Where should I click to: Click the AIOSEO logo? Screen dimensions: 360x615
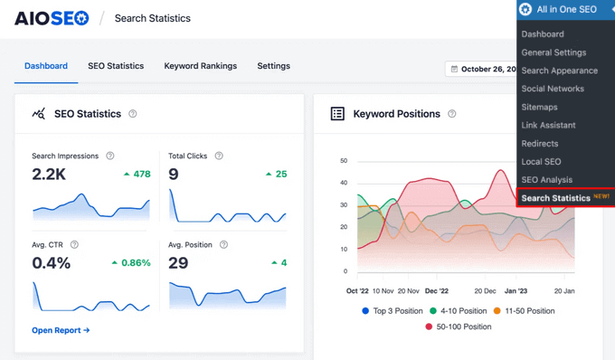click(x=52, y=18)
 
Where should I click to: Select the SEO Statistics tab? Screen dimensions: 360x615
click(x=116, y=66)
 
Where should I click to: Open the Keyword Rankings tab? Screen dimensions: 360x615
click(x=200, y=66)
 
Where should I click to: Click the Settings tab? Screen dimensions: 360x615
click(x=273, y=66)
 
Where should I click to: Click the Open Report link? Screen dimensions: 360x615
click(x=61, y=330)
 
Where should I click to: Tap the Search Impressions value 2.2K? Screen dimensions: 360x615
click(x=49, y=174)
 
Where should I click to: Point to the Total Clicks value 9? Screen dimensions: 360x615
click(x=174, y=174)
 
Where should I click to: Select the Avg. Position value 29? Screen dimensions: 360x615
click(x=178, y=262)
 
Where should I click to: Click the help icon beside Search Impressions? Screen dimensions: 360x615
click(x=110, y=156)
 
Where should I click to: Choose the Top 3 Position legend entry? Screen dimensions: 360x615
click(x=393, y=310)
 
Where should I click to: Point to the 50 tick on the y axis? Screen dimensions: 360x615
click(x=344, y=161)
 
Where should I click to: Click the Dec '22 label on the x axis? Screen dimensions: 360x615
click(x=437, y=291)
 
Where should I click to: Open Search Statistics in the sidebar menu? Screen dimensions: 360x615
click(x=555, y=198)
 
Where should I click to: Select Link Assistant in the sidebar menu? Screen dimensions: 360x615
click(x=548, y=125)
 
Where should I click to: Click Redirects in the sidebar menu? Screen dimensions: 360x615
click(x=540, y=143)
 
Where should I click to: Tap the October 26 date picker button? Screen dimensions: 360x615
click(x=483, y=69)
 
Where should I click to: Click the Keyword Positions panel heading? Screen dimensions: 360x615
click(x=396, y=114)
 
